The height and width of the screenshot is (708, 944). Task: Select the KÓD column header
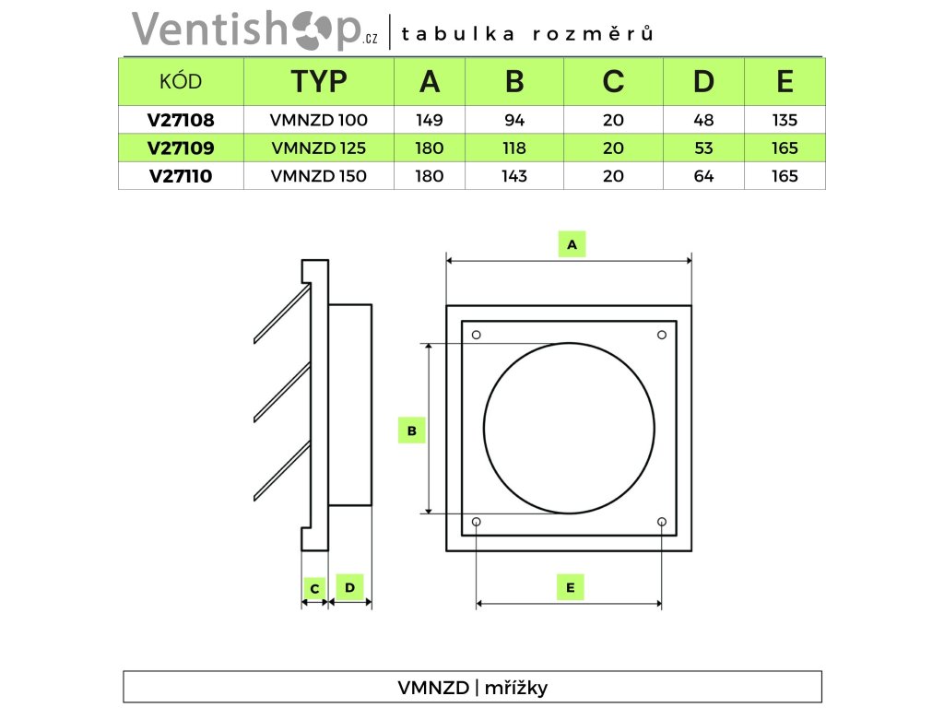coord(181,82)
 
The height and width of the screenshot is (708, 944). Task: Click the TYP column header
coord(319,82)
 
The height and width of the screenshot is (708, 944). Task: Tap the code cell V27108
coord(181,120)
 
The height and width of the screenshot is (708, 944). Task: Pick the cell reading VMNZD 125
coord(319,147)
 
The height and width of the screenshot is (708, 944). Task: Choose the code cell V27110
coord(181,175)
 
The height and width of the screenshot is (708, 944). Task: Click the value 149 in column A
coord(430,120)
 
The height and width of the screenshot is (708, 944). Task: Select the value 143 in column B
coord(514,175)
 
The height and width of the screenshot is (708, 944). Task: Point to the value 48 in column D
coord(703,120)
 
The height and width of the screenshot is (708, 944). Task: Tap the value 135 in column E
coord(785,120)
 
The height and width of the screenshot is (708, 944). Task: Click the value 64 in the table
coord(703,175)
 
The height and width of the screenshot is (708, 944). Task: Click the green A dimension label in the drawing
coord(572,244)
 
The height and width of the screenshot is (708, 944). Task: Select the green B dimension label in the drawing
coord(411,430)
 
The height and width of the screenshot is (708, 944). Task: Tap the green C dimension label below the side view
coord(314,588)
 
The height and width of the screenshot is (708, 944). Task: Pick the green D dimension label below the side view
coord(349,586)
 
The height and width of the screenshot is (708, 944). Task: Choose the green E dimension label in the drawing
coord(570,587)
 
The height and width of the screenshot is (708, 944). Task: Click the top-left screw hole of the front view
coord(476,334)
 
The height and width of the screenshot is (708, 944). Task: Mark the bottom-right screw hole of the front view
coord(662,523)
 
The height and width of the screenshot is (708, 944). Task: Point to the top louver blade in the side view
coord(281,313)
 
